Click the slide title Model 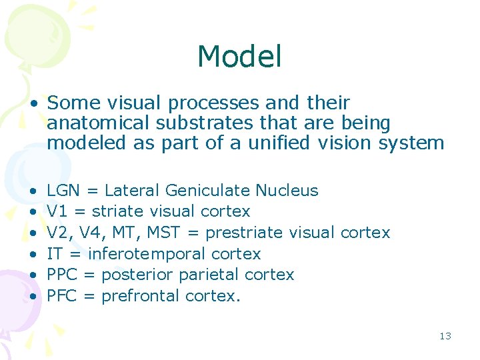239,57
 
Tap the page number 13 445,336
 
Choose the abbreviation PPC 63,275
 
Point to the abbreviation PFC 62,296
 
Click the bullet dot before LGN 33,191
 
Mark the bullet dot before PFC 33,297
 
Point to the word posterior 138,275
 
